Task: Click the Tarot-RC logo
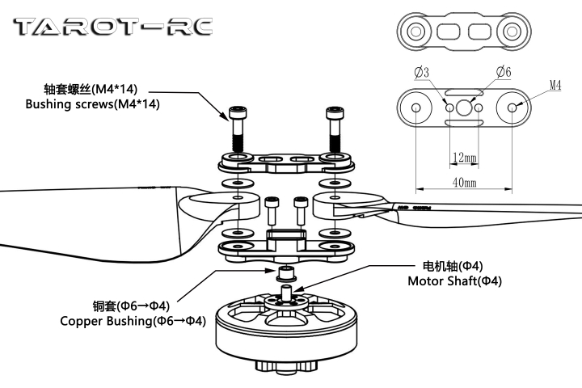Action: pos(114,27)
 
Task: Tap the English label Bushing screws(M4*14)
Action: pos(93,104)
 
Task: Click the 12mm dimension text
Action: pos(464,156)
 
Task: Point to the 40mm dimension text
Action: pos(464,183)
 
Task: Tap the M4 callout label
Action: pos(556,84)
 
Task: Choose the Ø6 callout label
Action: pos(503,73)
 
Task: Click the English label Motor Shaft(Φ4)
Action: pos(454,281)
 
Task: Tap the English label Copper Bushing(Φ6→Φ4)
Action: pos(133,321)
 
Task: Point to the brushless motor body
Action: pos(287,331)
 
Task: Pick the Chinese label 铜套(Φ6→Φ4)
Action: pos(131,306)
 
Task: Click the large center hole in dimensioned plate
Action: pos(464,108)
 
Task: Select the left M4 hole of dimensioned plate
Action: pos(415,108)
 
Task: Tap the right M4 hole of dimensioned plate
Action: pos(513,108)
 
